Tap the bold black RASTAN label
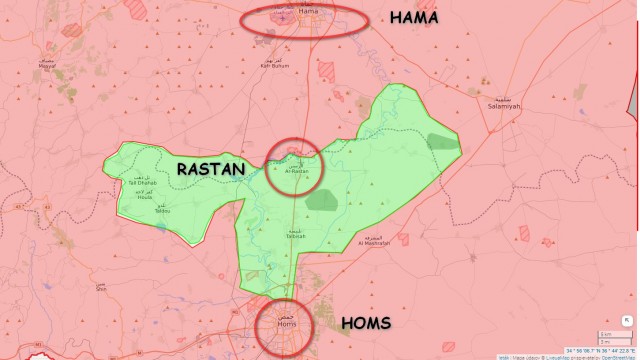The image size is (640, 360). coord(210,170)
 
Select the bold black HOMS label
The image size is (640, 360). coord(372,323)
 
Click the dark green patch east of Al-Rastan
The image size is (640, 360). coord(323,198)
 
